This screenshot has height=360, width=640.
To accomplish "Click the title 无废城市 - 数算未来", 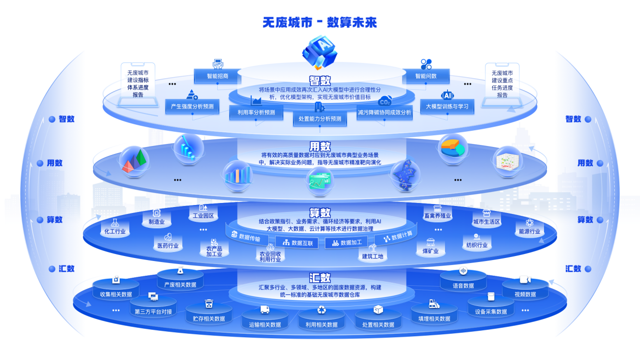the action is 320,22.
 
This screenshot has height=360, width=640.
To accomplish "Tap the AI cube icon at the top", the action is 320,52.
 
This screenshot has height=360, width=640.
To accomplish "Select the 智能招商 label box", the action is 217,76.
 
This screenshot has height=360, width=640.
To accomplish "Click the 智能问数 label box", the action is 426,76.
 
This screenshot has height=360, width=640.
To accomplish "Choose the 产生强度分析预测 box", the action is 192,107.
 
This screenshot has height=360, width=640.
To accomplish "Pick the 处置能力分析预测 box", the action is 320,119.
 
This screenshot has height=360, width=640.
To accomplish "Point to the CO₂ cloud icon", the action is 384,101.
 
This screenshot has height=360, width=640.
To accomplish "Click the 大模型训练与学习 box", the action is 447,107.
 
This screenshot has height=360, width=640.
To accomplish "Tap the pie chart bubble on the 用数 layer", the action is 453,148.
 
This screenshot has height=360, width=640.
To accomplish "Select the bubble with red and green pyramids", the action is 134,161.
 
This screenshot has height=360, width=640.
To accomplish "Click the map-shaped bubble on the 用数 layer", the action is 405,175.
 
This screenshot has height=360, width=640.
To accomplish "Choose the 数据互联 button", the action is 297,243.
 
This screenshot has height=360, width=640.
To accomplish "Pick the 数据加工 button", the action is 347,243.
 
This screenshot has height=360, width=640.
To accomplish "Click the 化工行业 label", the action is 115,231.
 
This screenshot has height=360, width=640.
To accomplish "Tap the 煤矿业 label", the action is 430,251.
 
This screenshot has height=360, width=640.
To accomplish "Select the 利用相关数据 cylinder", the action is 321,319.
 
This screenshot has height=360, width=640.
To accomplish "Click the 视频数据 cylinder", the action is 525,289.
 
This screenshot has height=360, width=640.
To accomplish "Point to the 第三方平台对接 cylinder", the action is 153,306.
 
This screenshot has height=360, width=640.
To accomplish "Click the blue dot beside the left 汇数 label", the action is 52,269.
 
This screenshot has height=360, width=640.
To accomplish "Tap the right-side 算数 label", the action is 585,220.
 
